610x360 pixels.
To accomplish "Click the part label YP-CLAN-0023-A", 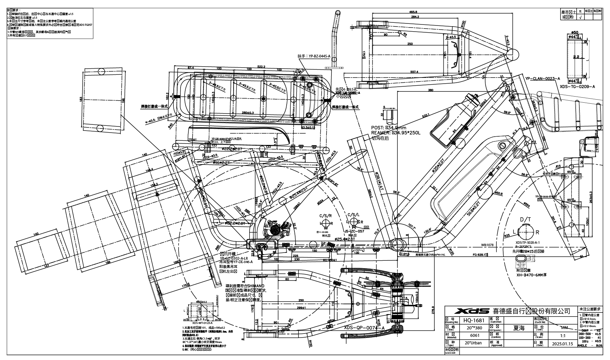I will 542,79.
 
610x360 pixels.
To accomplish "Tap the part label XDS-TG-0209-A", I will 577,87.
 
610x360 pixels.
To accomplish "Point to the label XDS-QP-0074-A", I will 364,327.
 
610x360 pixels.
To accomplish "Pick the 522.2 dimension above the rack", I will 261,67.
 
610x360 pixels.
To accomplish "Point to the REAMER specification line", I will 396,133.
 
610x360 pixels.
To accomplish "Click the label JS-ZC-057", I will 354,231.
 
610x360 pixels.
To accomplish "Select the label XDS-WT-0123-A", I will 202,323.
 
